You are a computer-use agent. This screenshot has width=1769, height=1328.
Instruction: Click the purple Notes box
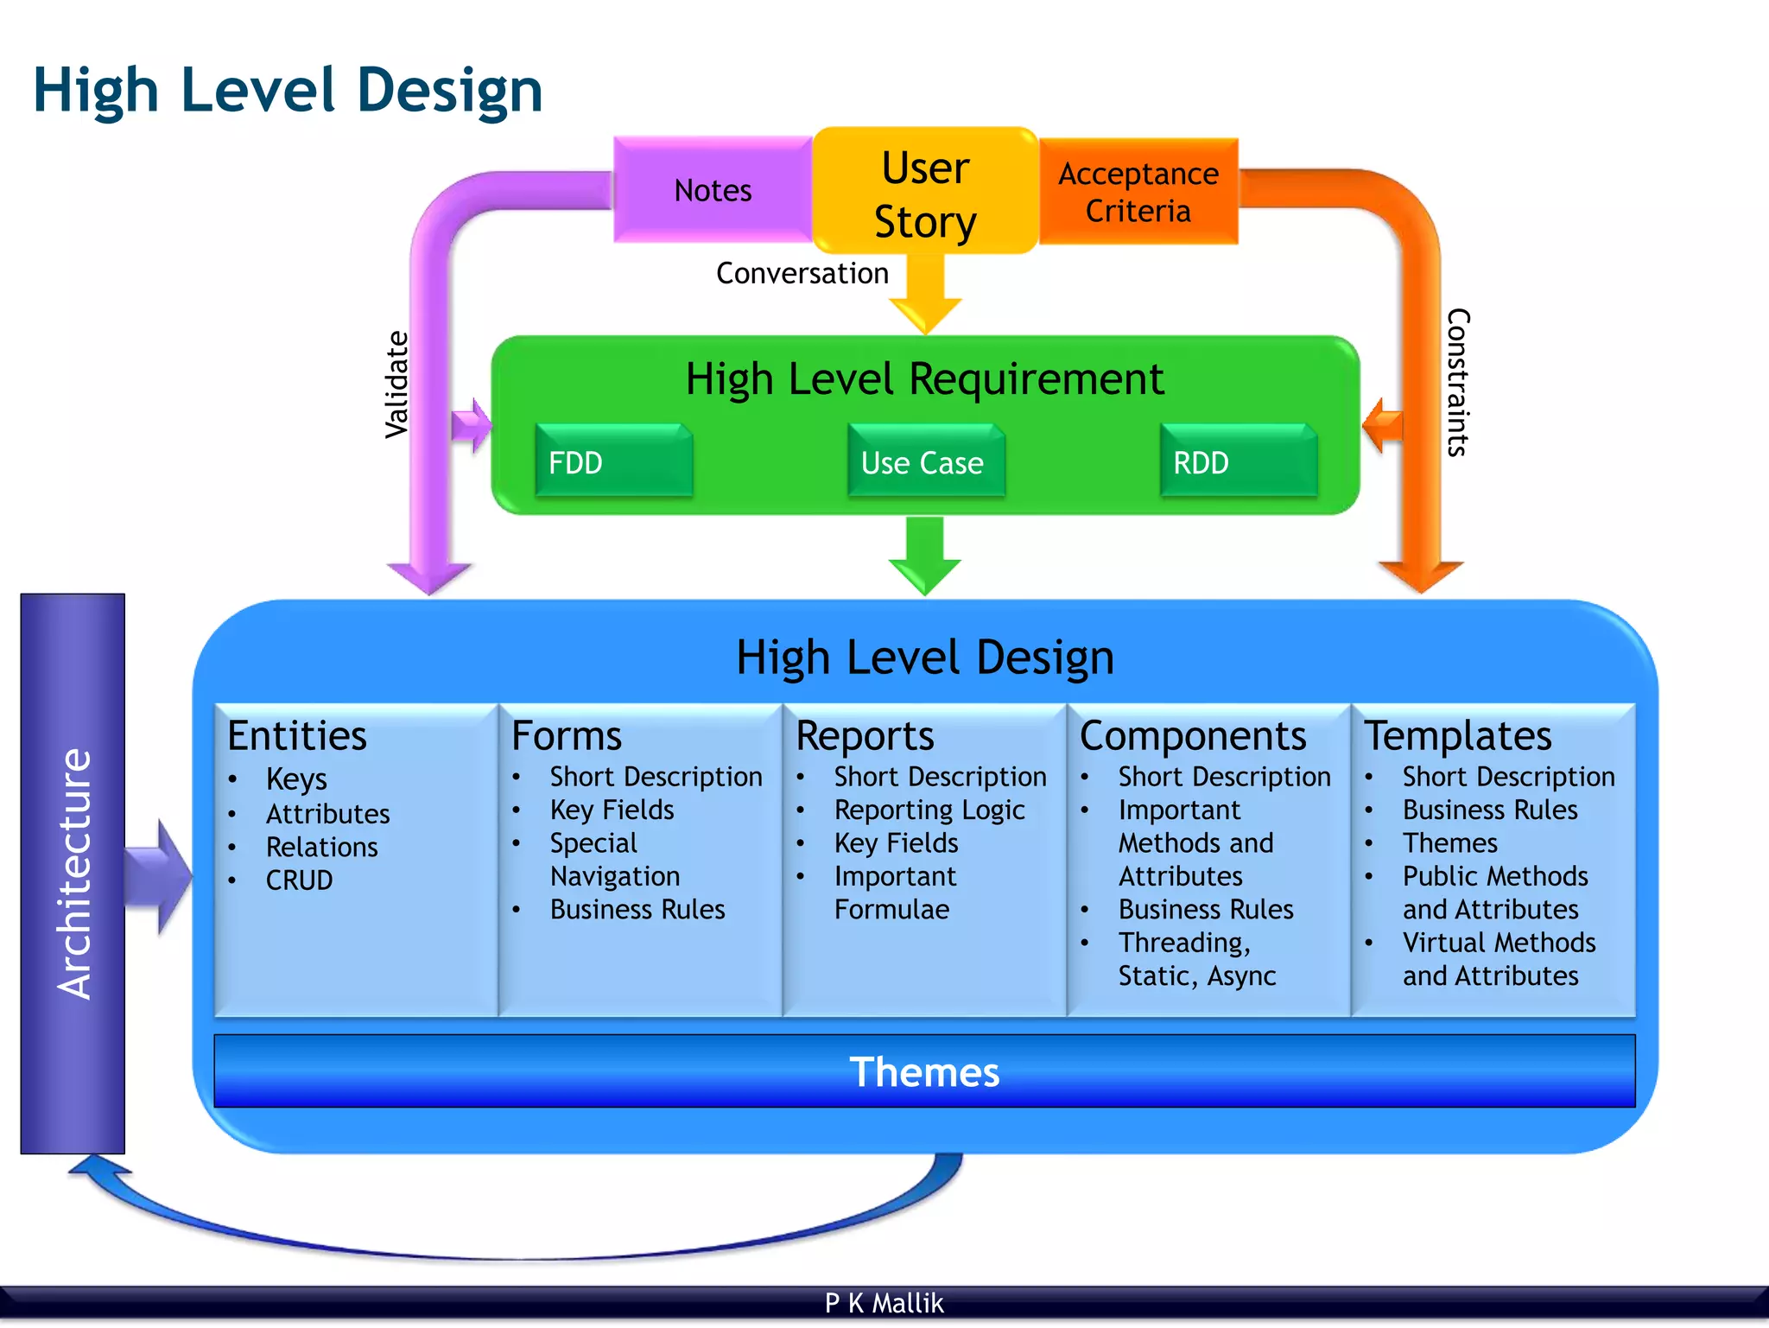point(713,190)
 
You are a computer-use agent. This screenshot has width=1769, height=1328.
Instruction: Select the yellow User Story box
point(925,194)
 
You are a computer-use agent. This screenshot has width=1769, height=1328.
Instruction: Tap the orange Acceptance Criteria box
point(1138,192)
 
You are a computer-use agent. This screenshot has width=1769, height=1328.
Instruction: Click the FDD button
point(613,462)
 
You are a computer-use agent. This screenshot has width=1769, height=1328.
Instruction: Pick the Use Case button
point(925,462)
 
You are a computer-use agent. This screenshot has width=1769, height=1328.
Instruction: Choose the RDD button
point(1237,462)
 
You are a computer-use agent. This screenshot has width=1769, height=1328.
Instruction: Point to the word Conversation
point(802,273)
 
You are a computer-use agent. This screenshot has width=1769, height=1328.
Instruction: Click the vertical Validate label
point(396,384)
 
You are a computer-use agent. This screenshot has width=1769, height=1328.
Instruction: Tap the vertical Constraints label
point(1457,382)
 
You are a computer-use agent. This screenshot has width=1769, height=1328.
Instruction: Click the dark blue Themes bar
point(924,1071)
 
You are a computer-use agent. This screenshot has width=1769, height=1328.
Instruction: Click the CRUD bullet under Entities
point(299,880)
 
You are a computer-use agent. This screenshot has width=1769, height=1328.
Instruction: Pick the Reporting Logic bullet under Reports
point(929,810)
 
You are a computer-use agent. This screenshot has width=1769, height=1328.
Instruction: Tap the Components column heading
point(1192,736)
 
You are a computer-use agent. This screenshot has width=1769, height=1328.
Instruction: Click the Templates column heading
point(1457,736)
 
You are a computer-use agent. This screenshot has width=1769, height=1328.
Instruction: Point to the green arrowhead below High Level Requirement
point(924,575)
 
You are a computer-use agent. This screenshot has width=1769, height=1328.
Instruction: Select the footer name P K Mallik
point(884,1303)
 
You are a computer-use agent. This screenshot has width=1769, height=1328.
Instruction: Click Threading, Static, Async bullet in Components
point(1196,959)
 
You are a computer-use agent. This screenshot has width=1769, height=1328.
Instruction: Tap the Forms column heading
point(566,736)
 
